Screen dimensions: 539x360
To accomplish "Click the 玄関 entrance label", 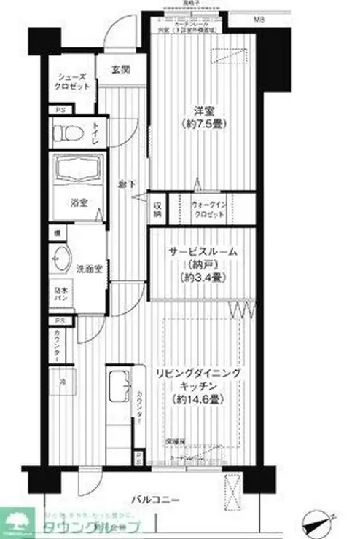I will tap(120, 70).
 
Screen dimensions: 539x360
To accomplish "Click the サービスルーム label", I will tap(202, 251).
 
